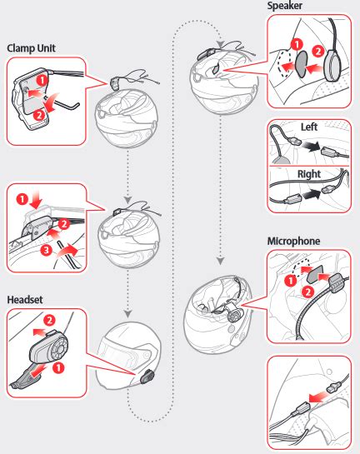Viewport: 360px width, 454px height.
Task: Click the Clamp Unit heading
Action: (x=31, y=48)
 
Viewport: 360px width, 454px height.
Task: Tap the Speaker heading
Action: (x=284, y=6)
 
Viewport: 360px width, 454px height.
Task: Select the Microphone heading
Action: (x=293, y=241)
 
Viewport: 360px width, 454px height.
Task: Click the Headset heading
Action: (x=25, y=299)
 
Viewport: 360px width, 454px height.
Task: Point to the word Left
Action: (x=308, y=127)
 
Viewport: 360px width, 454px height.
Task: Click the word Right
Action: (x=309, y=174)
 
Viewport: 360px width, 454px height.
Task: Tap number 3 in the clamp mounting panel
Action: (x=46, y=249)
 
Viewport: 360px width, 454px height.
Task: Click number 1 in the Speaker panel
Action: (x=297, y=44)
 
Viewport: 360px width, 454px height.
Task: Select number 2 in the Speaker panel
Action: (x=318, y=52)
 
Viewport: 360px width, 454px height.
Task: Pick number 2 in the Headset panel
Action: (x=49, y=320)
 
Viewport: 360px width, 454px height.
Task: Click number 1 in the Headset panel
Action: (x=58, y=367)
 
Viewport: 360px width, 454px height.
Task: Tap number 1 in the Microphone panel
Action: (x=291, y=280)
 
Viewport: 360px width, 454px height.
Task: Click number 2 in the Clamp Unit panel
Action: (x=39, y=115)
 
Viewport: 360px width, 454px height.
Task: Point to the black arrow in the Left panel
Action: (x=311, y=147)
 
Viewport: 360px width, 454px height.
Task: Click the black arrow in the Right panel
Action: (x=312, y=194)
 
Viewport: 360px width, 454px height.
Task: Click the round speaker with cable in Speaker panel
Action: (x=333, y=65)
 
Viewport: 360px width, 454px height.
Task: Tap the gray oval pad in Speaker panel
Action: (x=301, y=64)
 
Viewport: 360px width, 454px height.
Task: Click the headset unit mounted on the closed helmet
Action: (x=147, y=377)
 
